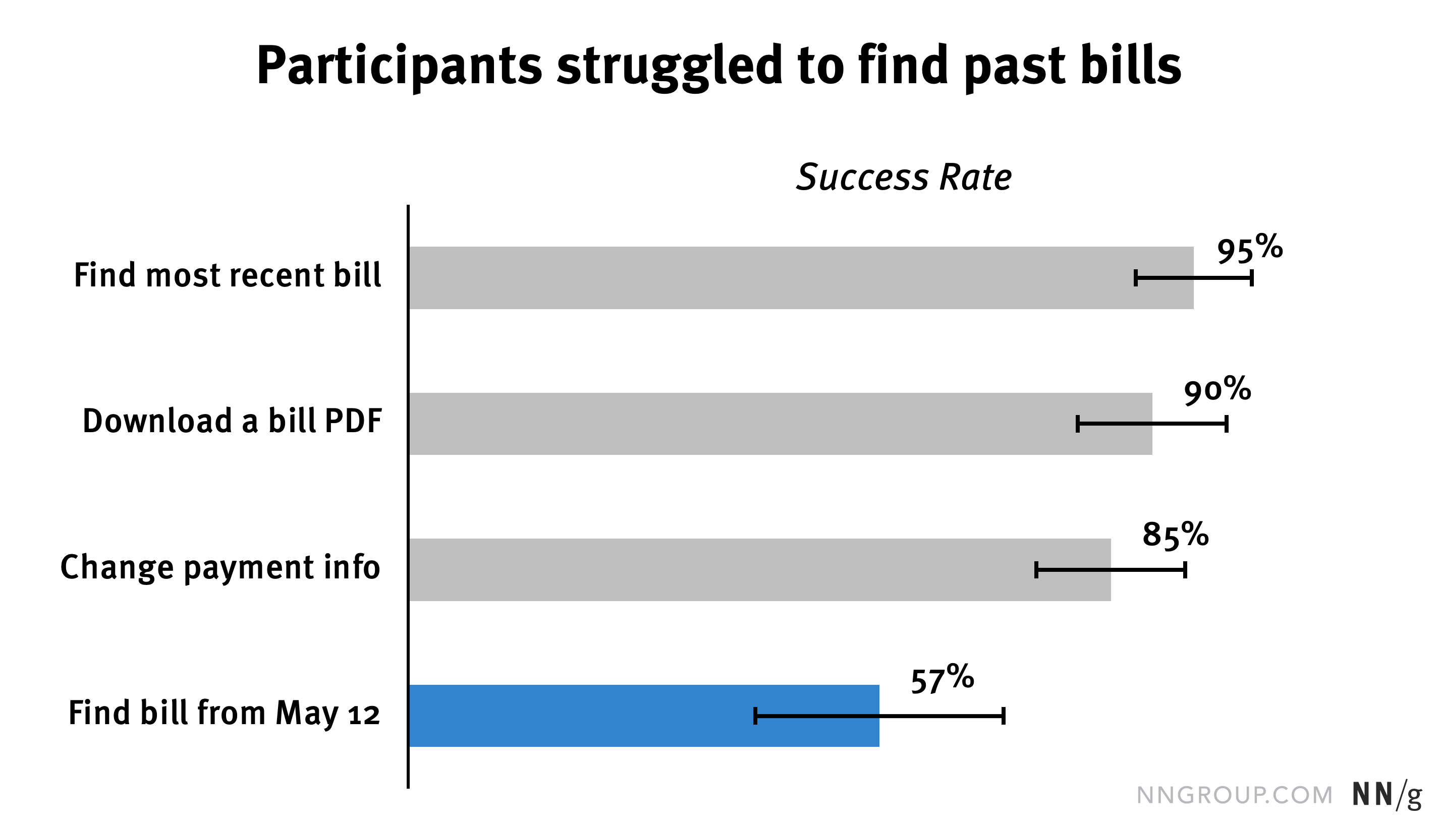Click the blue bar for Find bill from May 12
[643, 716]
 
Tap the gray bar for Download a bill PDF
[780, 423]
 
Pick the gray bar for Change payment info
[759, 569]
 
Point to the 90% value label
[1217, 391]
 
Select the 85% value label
[1176, 535]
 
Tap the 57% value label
[942, 679]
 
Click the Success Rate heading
[904, 178]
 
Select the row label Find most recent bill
[227, 276]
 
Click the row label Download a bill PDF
[232, 422]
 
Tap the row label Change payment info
[220, 568]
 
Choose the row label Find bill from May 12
[224, 714]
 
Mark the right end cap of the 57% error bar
[1003, 716]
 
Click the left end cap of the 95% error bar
[1136, 278]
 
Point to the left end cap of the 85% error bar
[1036, 569]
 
